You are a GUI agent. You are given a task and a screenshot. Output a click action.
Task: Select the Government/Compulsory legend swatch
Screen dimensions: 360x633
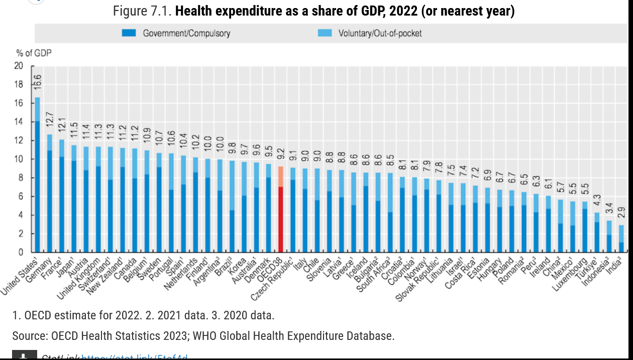coord(129,33)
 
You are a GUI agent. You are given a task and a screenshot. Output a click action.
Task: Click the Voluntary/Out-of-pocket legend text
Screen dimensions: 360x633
coord(380,33)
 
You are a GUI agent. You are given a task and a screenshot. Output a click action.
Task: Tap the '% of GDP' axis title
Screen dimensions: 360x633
coord(34,52)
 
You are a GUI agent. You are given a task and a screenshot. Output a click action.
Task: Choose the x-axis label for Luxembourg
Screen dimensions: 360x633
coord(573,274)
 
